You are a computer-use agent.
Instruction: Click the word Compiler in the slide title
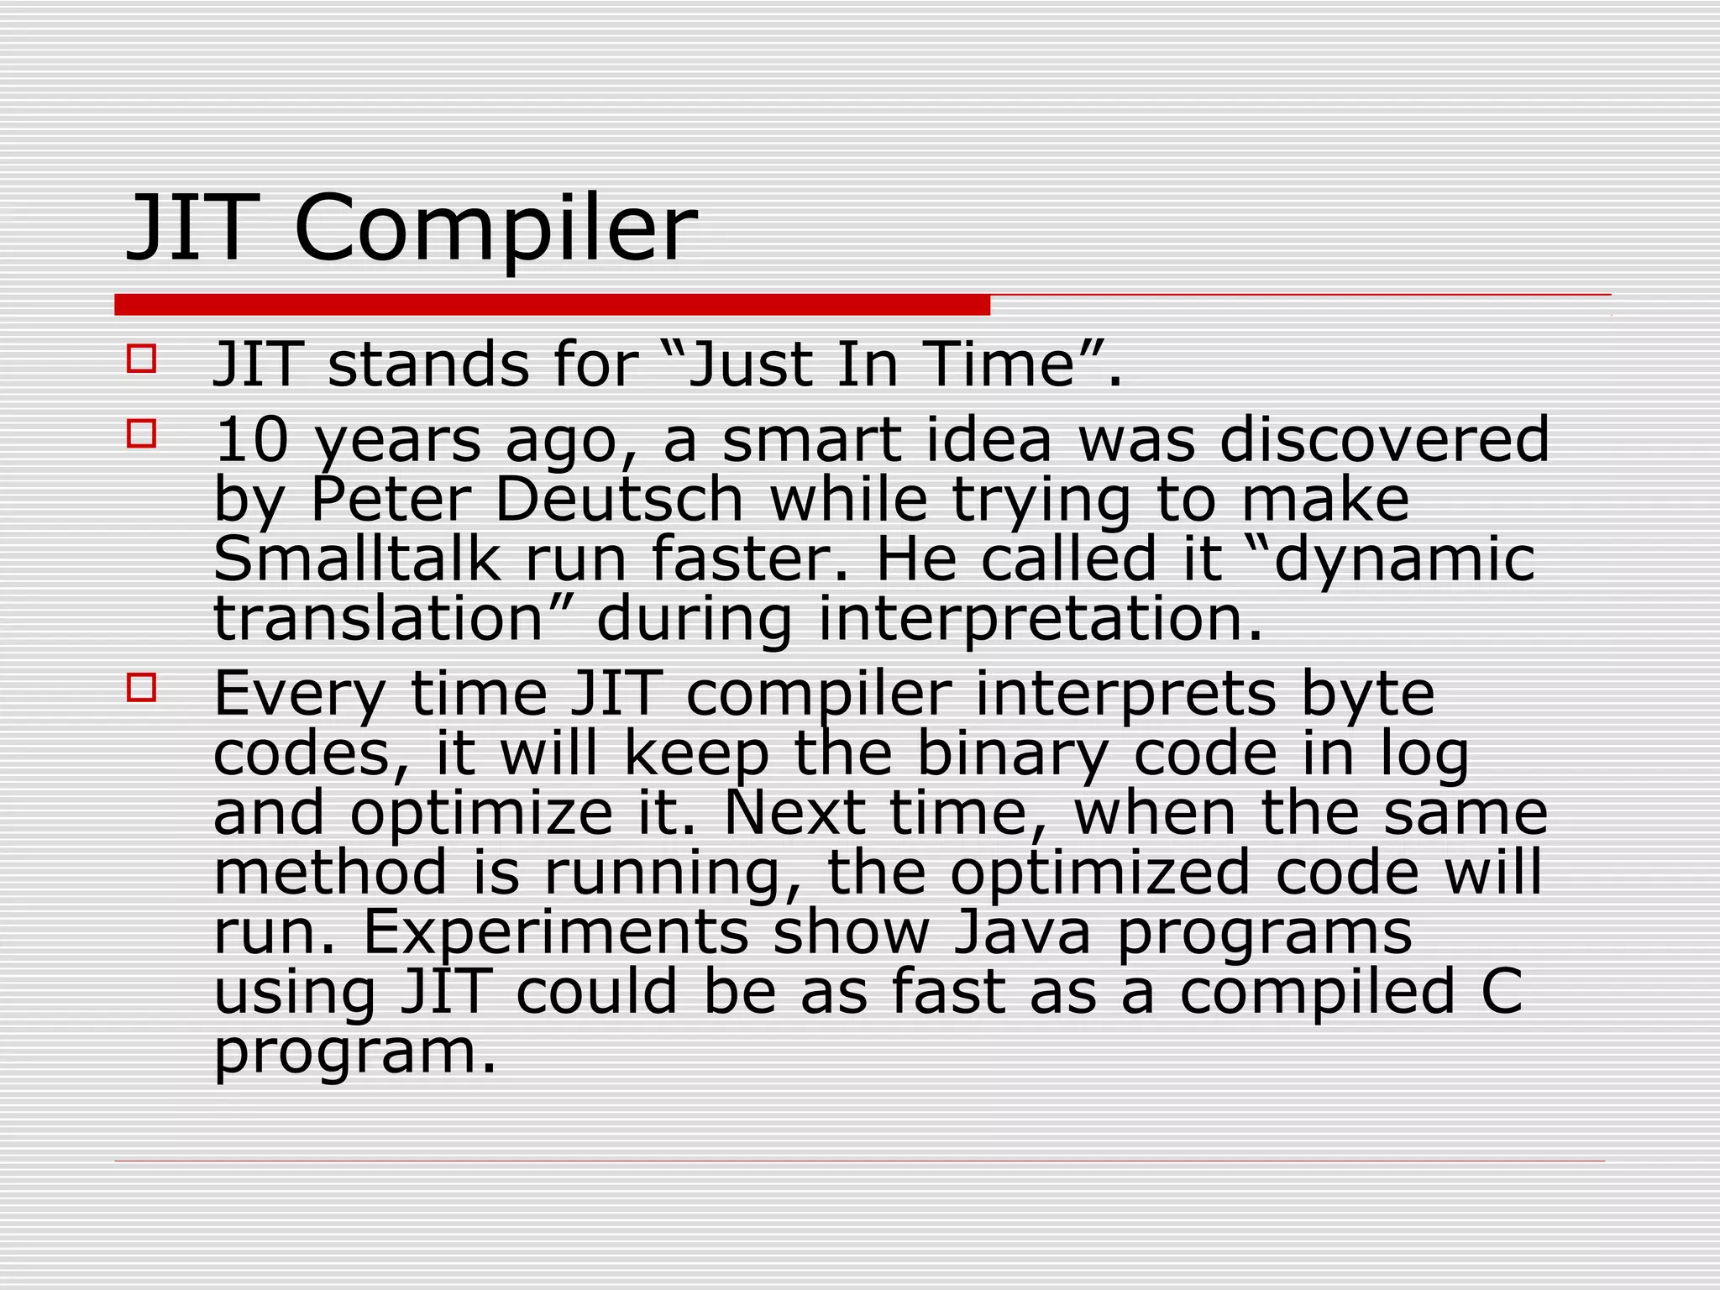pyautogui.click(x=496, y=228)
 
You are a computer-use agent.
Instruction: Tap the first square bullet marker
pyautogui.click(x=142, y=359)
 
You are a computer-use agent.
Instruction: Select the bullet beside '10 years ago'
pyautogui.click(x=142, y=434)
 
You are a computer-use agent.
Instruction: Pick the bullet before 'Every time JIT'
pyautogui.click(x=142, y=688)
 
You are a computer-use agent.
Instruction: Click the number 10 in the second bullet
pyautogui.click(x=252, y=440)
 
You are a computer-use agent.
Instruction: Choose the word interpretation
pyautogui.click(x=1040, y=619)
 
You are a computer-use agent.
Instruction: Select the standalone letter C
pyautogui.click(x=1501, y=991)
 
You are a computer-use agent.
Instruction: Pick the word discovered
pyautogui.click(x=1384, y=440)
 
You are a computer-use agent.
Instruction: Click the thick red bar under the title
pyautogui.click(x=552, y=305)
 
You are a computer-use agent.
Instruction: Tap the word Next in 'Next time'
pyautogui.click(x=794, y=813)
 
